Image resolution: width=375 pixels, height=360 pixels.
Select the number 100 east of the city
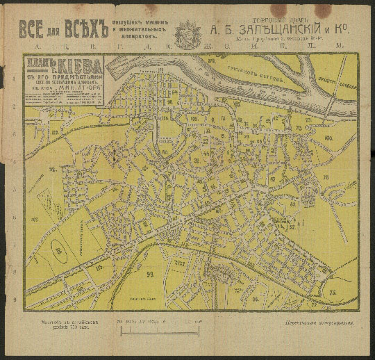tap(328, 138)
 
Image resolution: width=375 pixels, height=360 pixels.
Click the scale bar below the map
tap(159, 322)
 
